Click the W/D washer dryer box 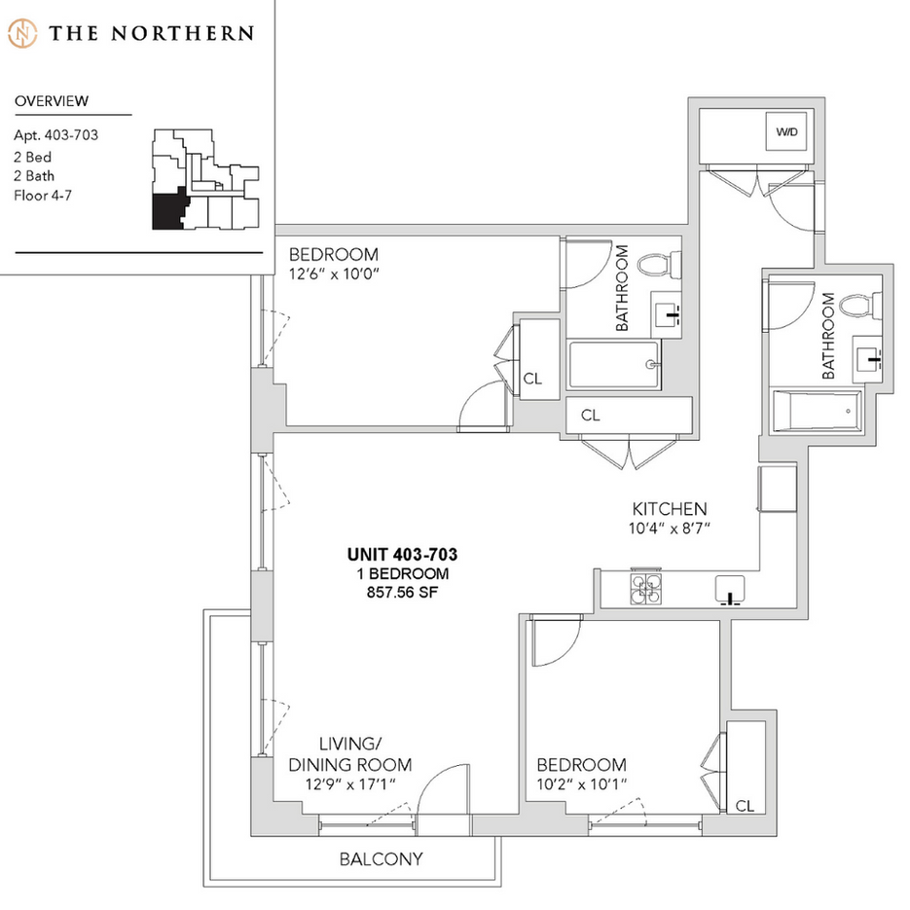point(785,132)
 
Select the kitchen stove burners point(645,589)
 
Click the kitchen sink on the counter point(730,589)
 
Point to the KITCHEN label point(670,509)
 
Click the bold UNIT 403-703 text point(403,555)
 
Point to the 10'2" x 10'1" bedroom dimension point(580,783)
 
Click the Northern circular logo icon point(22,33)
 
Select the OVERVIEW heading point(53,101)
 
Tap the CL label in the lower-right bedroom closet point(746,806)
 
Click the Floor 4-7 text point(43,196)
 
